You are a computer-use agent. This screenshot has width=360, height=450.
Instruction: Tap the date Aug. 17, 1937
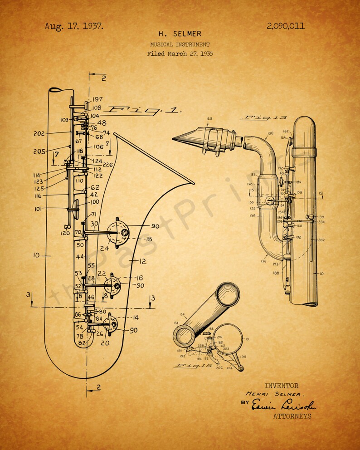coord(74,26)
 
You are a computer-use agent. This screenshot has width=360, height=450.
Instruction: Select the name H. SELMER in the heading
coord(180,34)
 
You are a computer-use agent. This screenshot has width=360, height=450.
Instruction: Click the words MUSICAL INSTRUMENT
coord(180,44)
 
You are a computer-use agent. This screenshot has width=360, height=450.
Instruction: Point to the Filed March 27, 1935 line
coord(180,54)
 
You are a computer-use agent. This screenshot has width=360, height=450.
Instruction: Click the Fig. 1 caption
coord(142,109)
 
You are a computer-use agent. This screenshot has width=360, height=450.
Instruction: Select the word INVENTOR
coord(281,386)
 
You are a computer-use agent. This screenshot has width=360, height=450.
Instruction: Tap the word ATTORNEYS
coord(292,416)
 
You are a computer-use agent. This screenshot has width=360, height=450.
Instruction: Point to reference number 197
coord(97,99)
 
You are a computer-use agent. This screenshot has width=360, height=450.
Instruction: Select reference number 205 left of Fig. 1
coord(39,152)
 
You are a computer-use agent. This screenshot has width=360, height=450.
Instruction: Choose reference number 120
coord(65,233)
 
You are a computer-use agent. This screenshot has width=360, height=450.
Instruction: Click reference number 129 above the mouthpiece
coord(209,119)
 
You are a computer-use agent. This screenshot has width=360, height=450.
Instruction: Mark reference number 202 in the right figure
coord(321,240)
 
